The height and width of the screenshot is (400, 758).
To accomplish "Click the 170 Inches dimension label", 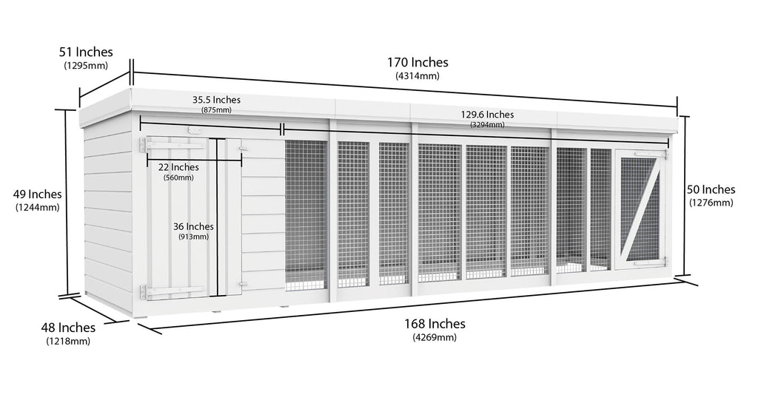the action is click(x=417, y=62).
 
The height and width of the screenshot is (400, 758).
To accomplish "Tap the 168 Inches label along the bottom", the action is click(x=435, y=324).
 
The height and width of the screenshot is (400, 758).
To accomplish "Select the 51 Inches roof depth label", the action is click(x=86, y=52).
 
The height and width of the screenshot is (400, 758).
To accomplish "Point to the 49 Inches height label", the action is click(x=37, y=194).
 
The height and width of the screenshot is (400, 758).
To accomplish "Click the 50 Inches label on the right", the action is click(x=711, y=189).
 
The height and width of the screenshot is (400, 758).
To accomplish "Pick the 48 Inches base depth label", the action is click(x=68, y=328).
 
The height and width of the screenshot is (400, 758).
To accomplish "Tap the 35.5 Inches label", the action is click(x=216, y=100).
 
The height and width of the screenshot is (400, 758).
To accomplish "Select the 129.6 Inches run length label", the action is click(x=487, y=115).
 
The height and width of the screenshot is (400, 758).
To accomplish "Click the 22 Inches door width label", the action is click(x=178, y=167).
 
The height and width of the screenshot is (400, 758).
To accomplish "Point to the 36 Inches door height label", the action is click(x=193, y=226).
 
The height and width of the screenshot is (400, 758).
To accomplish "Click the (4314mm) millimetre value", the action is click(x=417, y=76).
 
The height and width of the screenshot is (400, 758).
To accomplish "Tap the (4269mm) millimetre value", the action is click(x=435, y=337).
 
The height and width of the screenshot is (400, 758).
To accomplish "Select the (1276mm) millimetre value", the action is click(x=711, y=203).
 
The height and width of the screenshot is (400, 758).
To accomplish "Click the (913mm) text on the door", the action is click(x=193, y=237).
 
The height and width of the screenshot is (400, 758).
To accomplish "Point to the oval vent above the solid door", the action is click(x=195, y=130).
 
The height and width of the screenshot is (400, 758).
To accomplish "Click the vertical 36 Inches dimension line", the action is click(x=218, y=217).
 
